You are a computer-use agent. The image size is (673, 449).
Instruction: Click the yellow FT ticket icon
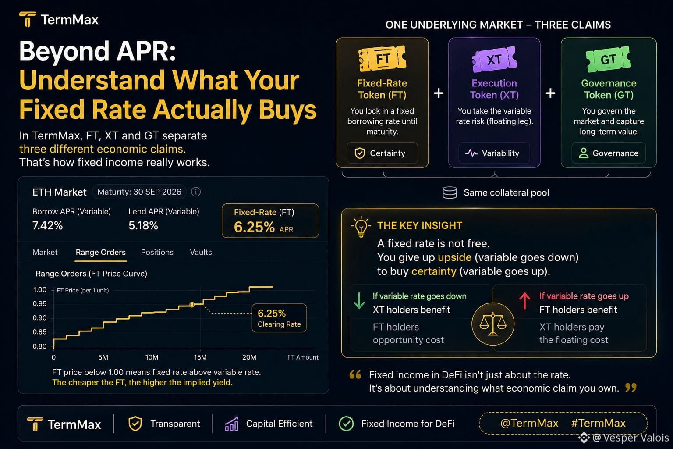[x=382, y=58]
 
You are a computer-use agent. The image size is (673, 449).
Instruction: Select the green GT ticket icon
[x=609, y=59]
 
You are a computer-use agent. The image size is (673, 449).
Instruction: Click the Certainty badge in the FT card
[x=382, y=153]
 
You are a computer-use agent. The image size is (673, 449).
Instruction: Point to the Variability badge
[x=494, y=153]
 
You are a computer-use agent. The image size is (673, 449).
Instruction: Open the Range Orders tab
[x=101, y=252]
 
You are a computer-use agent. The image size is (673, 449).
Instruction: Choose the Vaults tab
[x=201, y=252]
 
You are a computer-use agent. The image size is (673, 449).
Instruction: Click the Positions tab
[x=157, y=252]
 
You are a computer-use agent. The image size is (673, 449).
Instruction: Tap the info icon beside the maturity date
[x=196, y=192]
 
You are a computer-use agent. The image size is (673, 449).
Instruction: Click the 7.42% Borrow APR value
[x=47, y=225]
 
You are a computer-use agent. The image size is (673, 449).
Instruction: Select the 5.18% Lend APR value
[x=143, y=225]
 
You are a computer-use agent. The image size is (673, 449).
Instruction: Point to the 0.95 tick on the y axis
[x=40, y=304]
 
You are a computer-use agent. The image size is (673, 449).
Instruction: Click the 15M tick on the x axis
[x=200, y=357]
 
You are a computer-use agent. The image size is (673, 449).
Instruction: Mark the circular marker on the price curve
[x=192, y=305]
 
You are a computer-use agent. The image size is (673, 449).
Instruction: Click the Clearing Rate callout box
[x=279, y=318]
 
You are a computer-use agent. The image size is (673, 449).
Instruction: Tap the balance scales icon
[x=493, y=324]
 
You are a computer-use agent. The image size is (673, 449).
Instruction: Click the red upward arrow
[x=524, y=301]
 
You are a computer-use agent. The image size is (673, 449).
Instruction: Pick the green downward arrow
[x=359, y=301]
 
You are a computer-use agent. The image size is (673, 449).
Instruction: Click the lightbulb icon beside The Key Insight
[x=361, y=226]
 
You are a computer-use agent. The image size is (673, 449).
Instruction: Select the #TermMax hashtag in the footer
[x=598, y=423]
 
